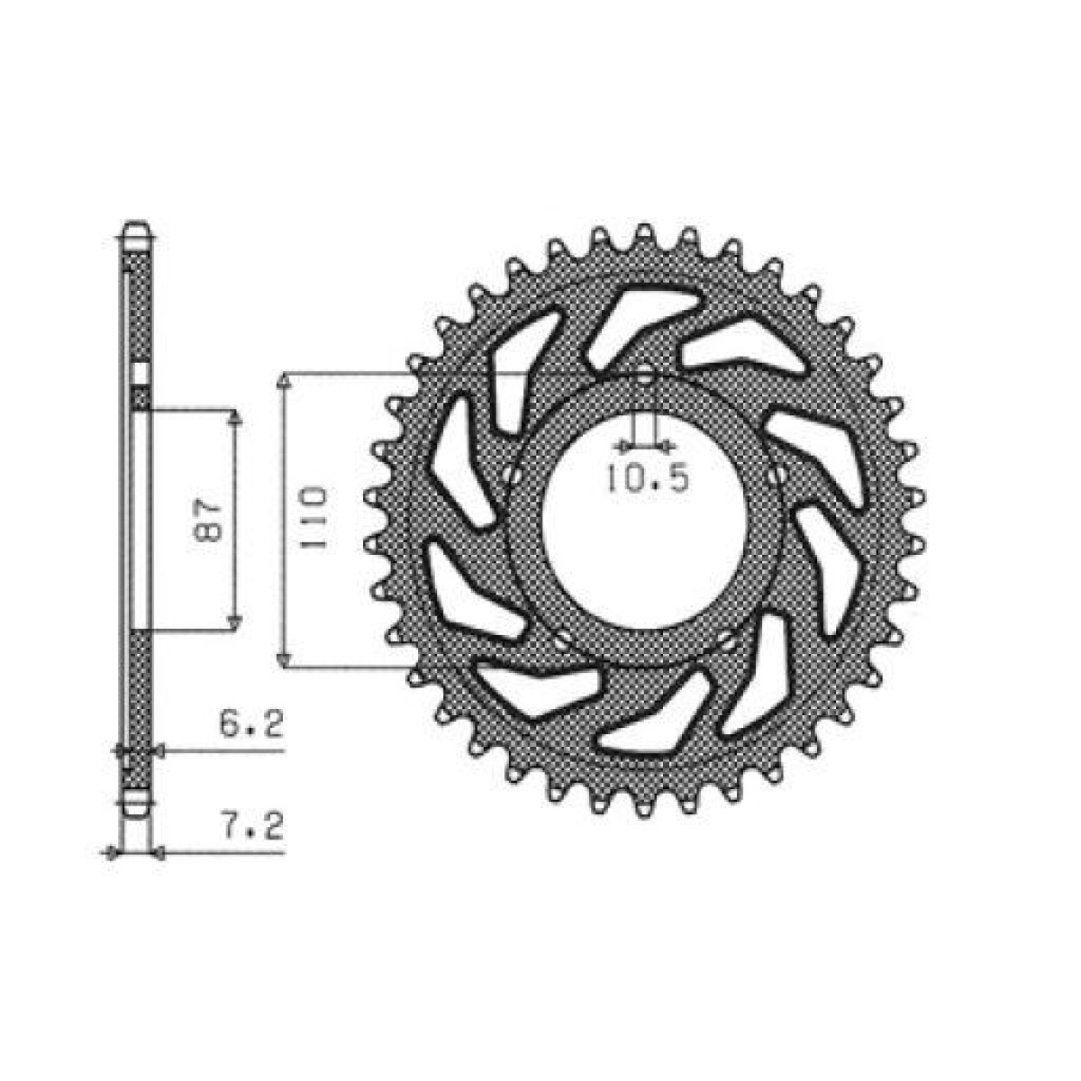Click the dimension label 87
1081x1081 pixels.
click(209, 518)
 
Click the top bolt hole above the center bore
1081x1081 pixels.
click(646, 377)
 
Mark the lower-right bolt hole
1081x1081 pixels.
click(728, 640)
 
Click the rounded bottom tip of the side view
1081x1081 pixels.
click(136, 808)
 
